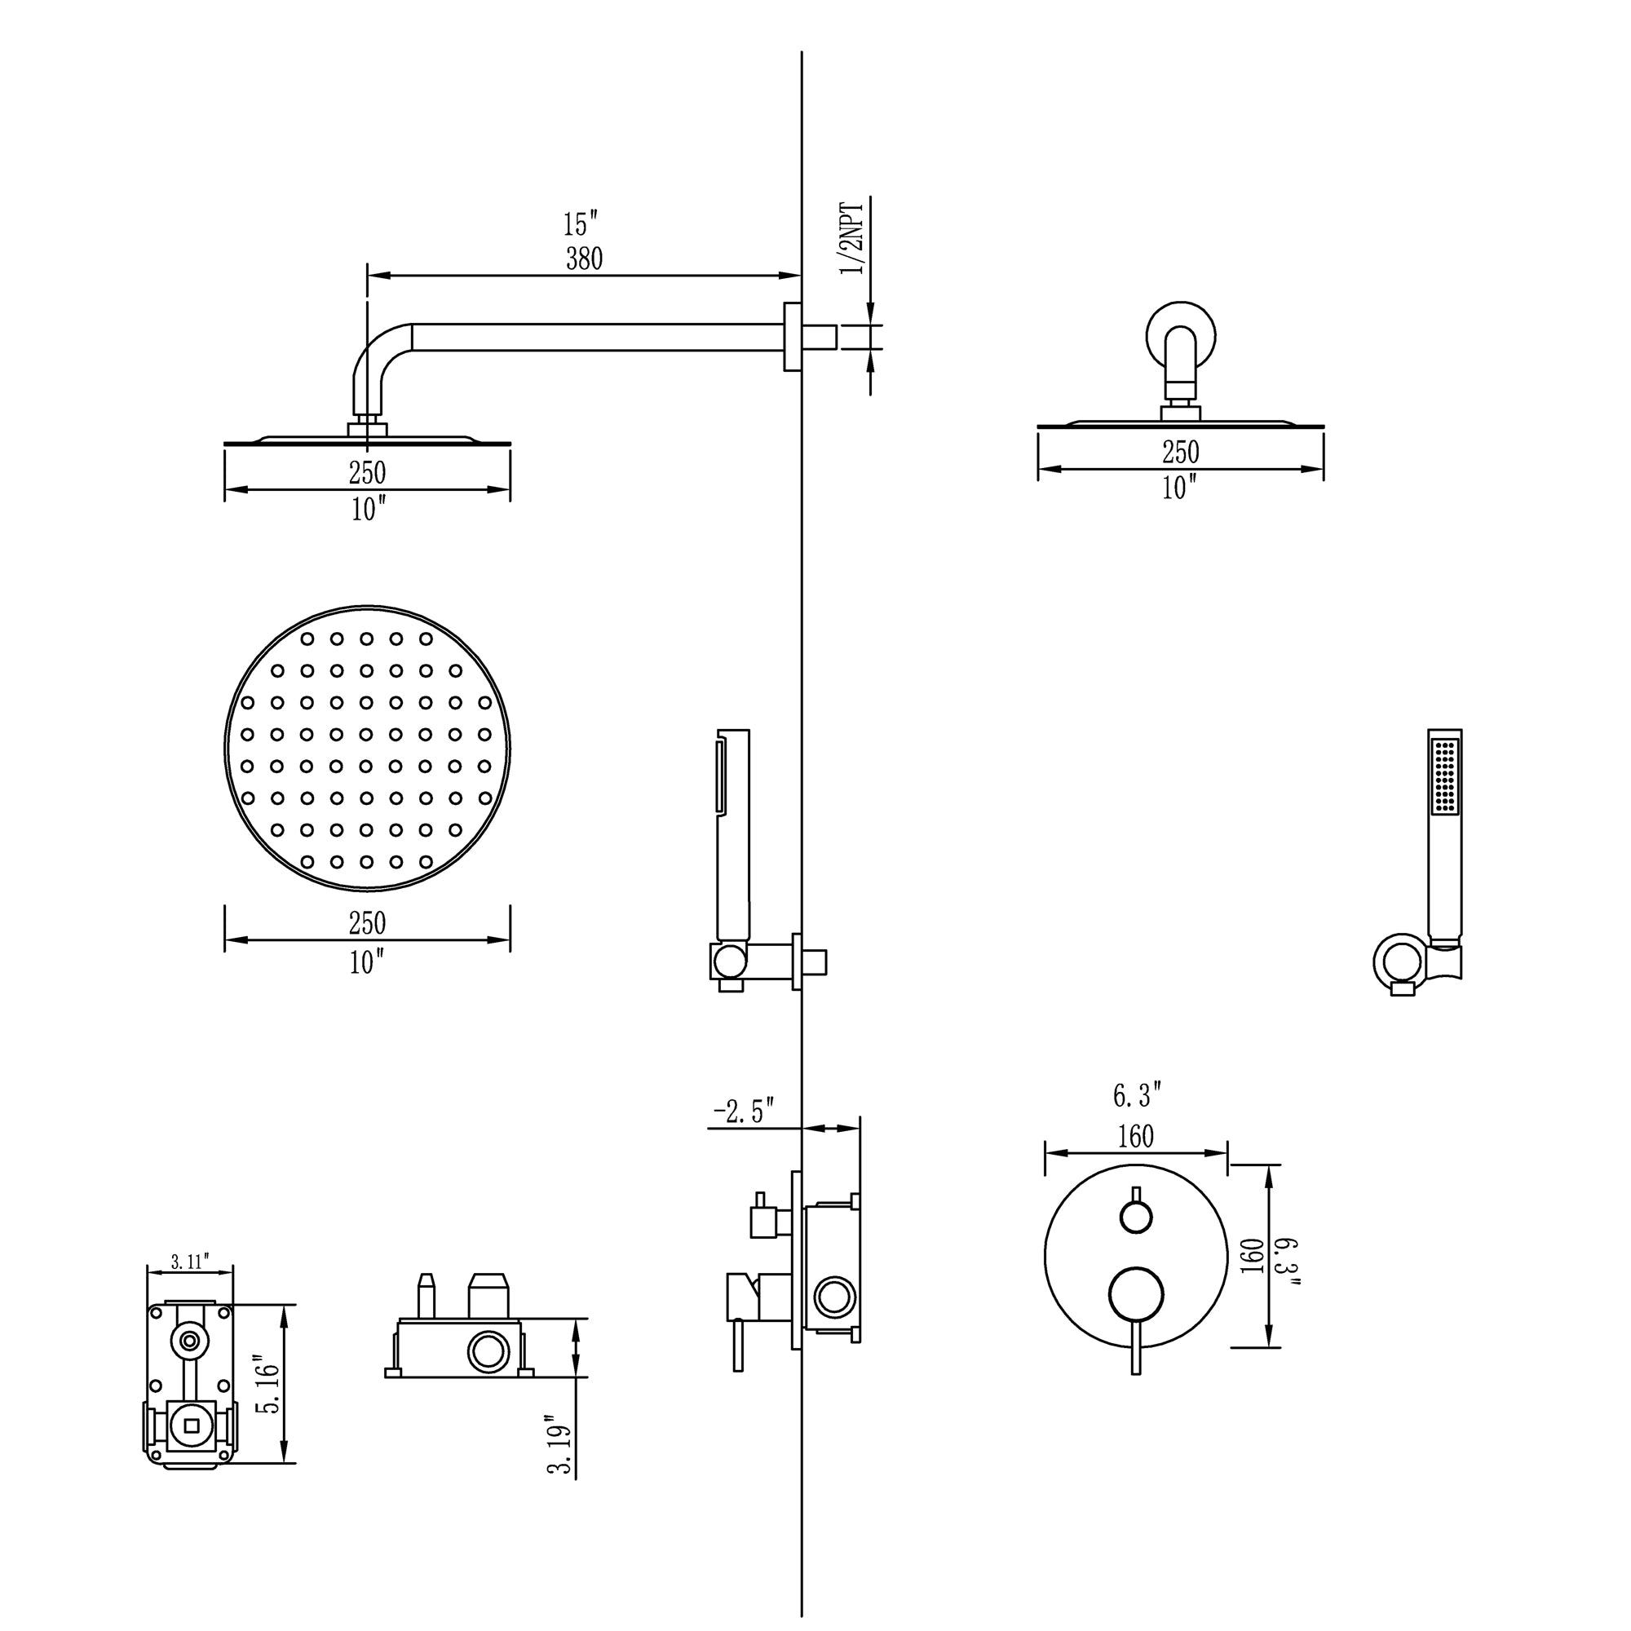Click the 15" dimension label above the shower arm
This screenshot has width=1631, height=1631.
point(580,224)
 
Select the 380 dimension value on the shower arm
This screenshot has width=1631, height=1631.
point(583,259)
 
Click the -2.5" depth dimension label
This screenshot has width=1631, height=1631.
point(743,1112)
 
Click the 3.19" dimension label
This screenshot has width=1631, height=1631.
point(560,1444)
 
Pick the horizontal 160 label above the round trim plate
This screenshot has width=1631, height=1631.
point(1134,1137)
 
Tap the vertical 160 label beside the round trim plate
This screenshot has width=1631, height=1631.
point(1253,1256)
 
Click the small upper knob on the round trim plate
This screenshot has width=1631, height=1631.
point(1135,1217)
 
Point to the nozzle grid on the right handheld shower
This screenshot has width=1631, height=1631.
point(1445,776)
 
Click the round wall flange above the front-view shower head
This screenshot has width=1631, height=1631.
point(1181,336)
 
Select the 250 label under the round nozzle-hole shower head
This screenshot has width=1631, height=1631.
point(367,922)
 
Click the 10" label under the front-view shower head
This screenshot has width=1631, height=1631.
point(1178,488)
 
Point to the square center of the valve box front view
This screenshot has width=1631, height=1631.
point(190,1425)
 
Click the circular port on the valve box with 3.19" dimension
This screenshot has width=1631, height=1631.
point(488,1351)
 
